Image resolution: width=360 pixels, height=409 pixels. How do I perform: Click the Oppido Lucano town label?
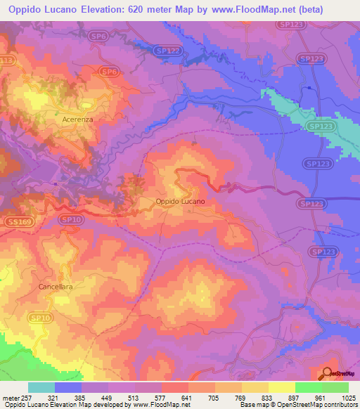point(180,201)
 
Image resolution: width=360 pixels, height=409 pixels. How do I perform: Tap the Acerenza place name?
point(77,119)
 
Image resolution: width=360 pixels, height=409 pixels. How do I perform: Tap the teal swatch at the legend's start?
point(41,387)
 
